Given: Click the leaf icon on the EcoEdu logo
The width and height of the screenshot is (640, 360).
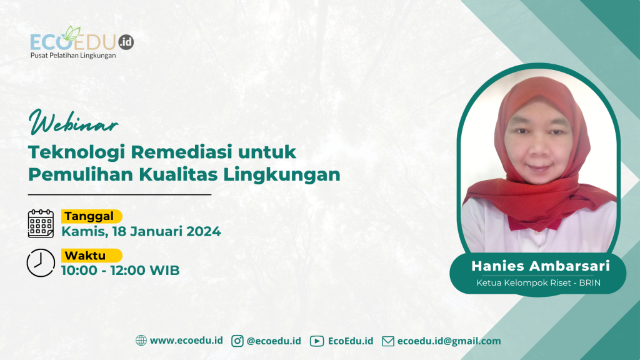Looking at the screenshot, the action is [72, 34].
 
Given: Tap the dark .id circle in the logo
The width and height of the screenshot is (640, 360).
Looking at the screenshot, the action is [126, 42].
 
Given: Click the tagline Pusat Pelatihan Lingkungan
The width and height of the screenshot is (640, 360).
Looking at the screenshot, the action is [73, 56].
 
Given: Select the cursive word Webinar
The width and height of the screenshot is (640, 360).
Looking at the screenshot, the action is [74, 122].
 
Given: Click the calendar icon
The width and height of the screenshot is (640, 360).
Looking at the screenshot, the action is [41, 224].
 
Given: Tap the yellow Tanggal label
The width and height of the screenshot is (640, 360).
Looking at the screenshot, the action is [91, 216].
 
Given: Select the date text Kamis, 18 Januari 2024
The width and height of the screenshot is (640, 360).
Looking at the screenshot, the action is [141, 231].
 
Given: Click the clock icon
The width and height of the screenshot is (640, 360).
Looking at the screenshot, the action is [41, 263].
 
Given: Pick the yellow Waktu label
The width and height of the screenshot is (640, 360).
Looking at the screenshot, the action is [91, 256].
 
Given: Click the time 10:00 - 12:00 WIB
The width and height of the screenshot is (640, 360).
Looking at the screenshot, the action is [121, 270].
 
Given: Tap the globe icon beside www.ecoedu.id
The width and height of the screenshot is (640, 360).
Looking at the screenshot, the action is [141, 341].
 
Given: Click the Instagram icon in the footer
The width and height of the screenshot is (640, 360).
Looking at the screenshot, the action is [237, 341].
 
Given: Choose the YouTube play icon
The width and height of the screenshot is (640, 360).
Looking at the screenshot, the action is [317, 341].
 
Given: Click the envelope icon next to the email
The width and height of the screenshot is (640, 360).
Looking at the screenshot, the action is [388, 341].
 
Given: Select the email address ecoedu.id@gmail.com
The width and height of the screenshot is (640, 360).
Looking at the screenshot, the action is [449, 341].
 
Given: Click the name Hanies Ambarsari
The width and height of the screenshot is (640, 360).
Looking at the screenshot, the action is [541, 266].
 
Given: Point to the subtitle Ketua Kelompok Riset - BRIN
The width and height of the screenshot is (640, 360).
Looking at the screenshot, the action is [538, 283].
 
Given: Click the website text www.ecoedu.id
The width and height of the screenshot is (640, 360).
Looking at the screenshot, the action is [186, 341].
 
